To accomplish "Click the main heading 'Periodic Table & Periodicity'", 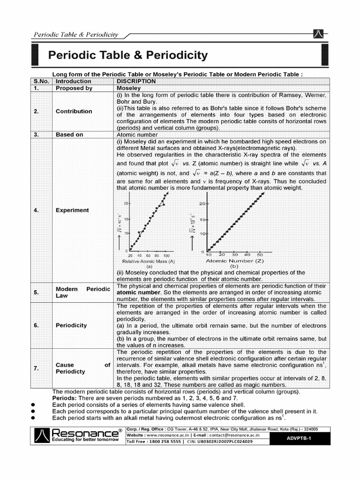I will [128, 56].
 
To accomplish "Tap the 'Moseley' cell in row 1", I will [128, 88].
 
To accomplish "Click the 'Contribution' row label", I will [74, 111].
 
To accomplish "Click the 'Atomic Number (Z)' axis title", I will [234, 261].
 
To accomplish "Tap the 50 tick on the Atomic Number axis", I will [260, 255].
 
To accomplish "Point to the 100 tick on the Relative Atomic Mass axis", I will [165, 255].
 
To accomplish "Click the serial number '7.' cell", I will [36, 368].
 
